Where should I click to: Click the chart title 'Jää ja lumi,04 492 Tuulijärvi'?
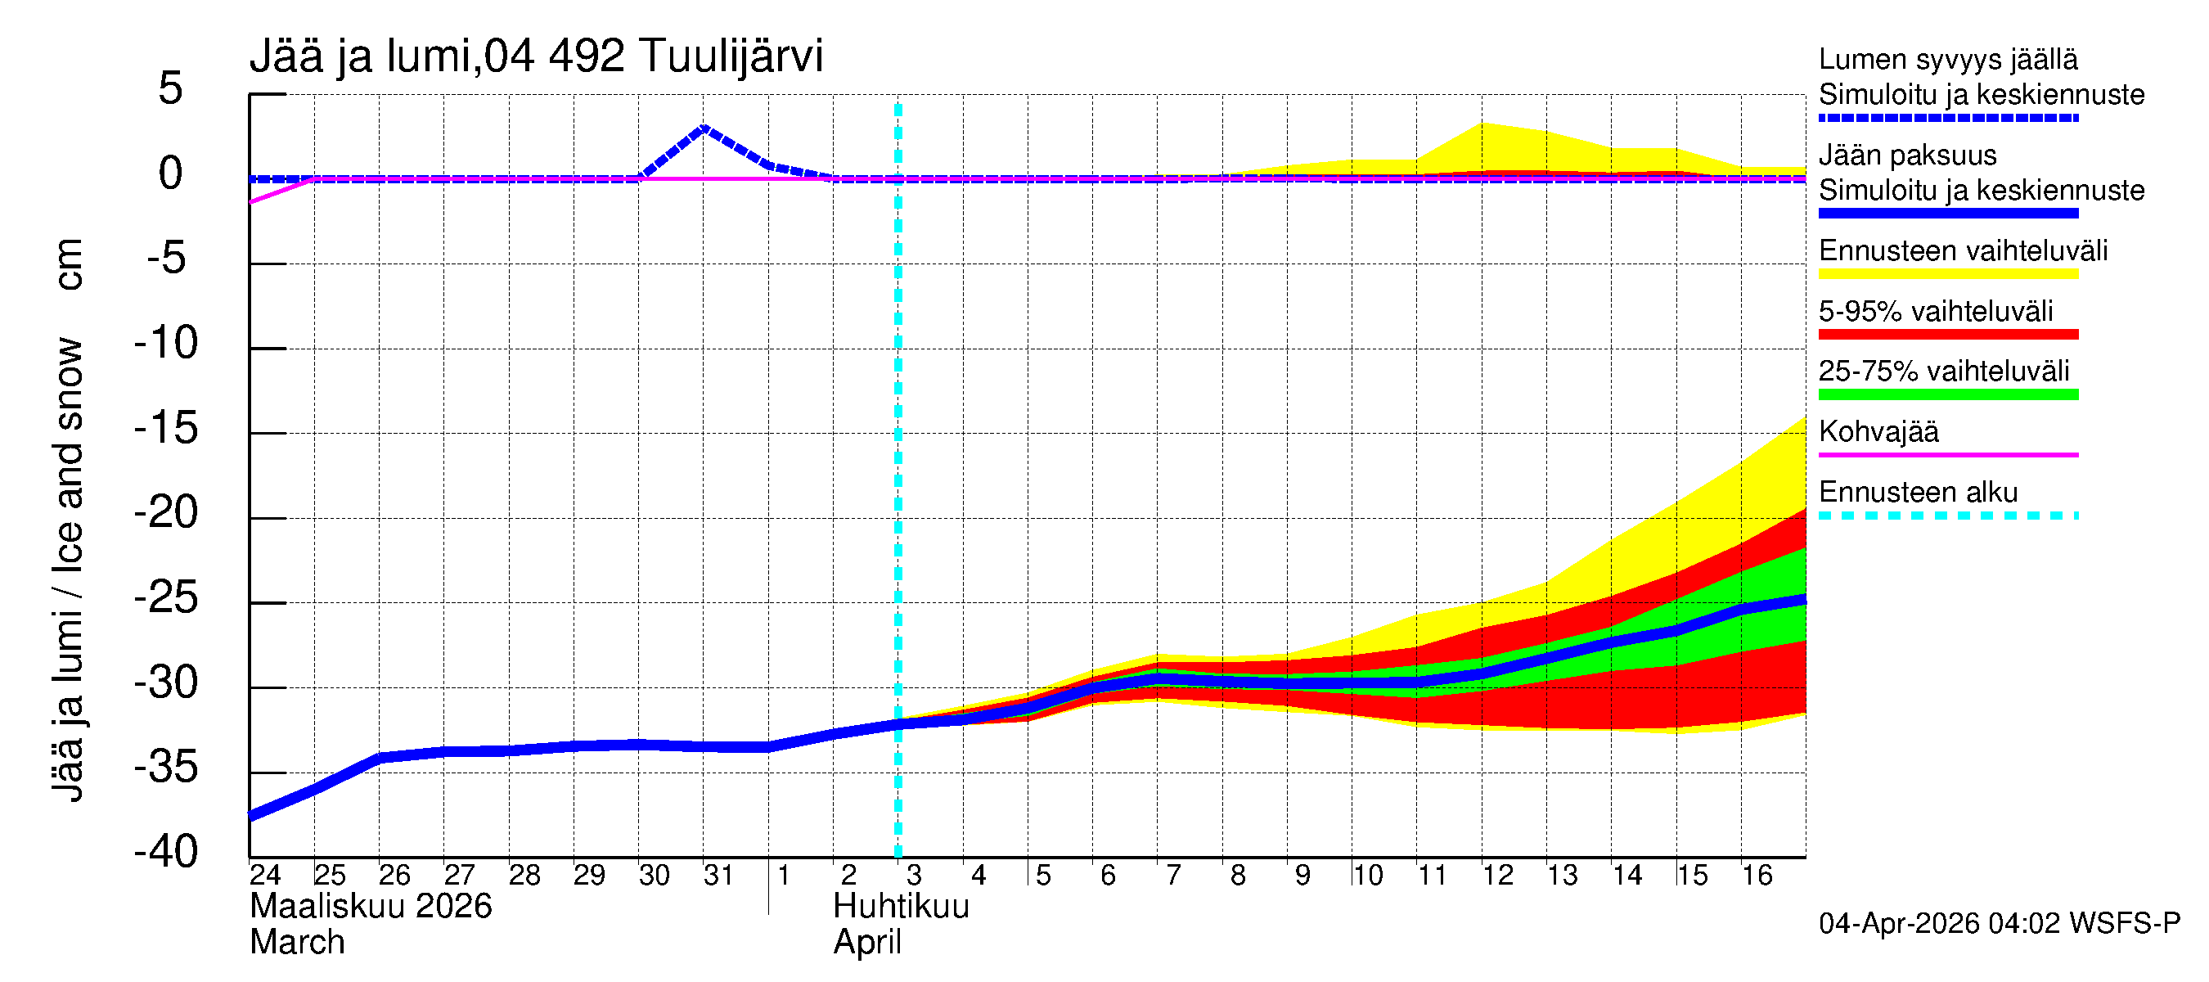coord(536,56)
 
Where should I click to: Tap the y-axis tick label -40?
coord(166,852)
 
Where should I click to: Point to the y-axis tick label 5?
coord(171,88)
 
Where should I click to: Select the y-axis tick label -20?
coord(166,513)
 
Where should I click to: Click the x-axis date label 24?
coord(265,875)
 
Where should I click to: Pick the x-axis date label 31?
coord(718,875)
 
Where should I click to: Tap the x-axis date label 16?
coord(1757,875)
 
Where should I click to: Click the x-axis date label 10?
coord(1367,875)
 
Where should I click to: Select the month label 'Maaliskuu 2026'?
coord(371,907)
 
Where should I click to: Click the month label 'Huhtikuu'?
coord(901,907)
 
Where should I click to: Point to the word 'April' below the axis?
coord(867,943)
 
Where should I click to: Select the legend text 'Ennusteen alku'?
coord(1918,493)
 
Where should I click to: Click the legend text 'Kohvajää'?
coord(1878,431)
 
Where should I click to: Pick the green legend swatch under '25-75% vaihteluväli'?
coord(1947,394)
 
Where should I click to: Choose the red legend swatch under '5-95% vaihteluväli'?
coord(1947,335)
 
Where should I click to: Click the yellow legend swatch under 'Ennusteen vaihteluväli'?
coord(1947,274)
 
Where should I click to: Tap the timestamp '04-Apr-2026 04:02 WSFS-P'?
coord(1999,924)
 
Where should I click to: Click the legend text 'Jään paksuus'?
coord(1907,155)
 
